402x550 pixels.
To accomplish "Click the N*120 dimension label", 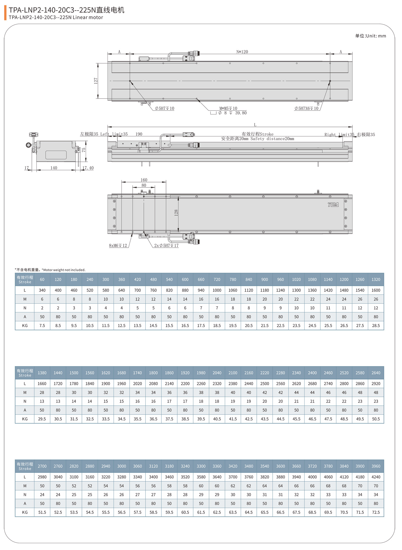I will point(242,52).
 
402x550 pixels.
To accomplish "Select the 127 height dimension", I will point(96,81).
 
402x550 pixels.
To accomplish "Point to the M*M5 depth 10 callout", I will point(228,108).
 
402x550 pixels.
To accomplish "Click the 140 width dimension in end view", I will point(54,168).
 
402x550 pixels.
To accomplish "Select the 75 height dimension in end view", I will point(84,150).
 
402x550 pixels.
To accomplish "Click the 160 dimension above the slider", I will point(144,180).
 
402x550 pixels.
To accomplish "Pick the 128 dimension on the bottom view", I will point(176,213).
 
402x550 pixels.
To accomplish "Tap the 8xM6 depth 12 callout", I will point(118,245).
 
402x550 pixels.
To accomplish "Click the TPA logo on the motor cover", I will point(333,205).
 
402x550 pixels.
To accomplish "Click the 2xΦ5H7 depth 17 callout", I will point(166,245).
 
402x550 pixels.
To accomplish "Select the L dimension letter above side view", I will point(255,125).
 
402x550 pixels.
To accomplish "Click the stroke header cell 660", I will point(201,279).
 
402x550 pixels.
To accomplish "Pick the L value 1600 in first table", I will point(375,290).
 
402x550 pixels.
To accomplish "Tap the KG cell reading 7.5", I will point(42,325).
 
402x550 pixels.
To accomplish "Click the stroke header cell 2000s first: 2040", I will point(217,373).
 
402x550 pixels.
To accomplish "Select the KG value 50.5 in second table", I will point(375,419).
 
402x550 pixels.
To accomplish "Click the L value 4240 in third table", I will point(375,477).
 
